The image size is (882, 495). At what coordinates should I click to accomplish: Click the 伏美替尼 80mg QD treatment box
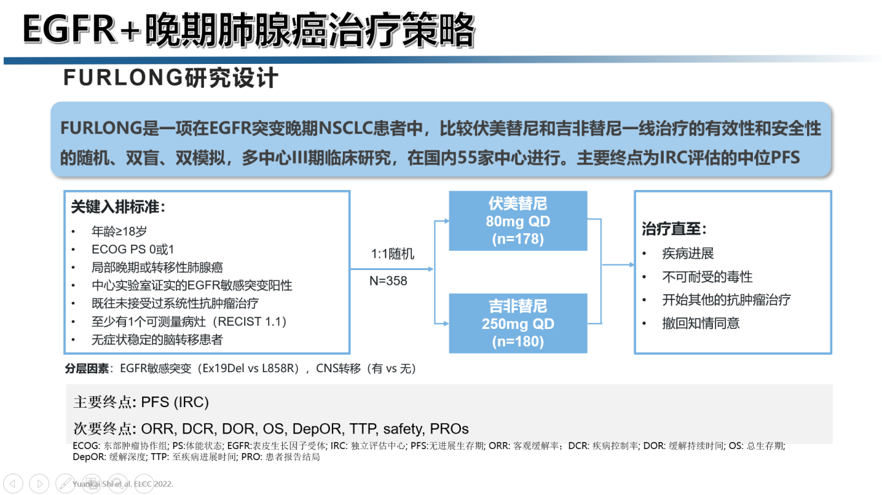point(518,221)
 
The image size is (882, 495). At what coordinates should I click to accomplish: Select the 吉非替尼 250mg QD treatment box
point(518,323)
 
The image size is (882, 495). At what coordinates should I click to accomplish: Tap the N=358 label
point(388,280)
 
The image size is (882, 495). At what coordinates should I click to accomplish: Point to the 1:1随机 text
point(393,254)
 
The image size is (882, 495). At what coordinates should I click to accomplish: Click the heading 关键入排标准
point(118,207)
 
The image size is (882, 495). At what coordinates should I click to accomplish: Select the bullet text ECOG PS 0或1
point(133,249)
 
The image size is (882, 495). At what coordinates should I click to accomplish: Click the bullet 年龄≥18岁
point(119,231)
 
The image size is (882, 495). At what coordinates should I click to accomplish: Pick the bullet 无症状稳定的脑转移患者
point(157,339)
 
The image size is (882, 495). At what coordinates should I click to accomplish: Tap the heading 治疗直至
point(674,229)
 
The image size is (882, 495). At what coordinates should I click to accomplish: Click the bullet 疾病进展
point(688,253)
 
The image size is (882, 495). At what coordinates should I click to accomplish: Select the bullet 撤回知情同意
point(701,323)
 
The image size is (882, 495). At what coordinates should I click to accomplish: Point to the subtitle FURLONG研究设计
point(170,78)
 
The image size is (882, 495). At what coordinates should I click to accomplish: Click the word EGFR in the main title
point(69,30)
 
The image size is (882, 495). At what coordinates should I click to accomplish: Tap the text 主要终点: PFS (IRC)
point(141,402)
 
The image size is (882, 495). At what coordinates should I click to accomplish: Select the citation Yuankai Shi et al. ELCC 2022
point(123,483)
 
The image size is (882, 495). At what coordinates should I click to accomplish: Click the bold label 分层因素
point(87,368)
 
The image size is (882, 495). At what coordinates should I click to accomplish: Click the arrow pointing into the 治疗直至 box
point(618,264)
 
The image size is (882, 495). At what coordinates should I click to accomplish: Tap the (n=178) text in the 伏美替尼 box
point(518,239)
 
